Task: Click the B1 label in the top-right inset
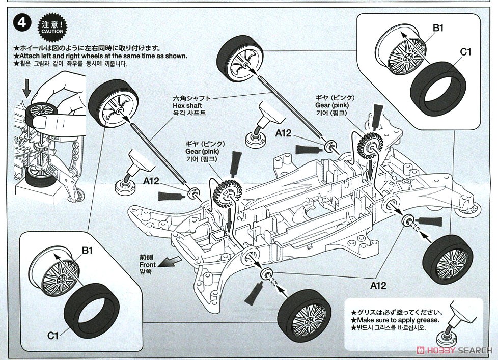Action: (439, 29)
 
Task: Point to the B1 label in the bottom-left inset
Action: (87, 250)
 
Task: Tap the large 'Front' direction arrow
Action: (170, 261)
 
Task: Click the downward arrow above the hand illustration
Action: (27, 90)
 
